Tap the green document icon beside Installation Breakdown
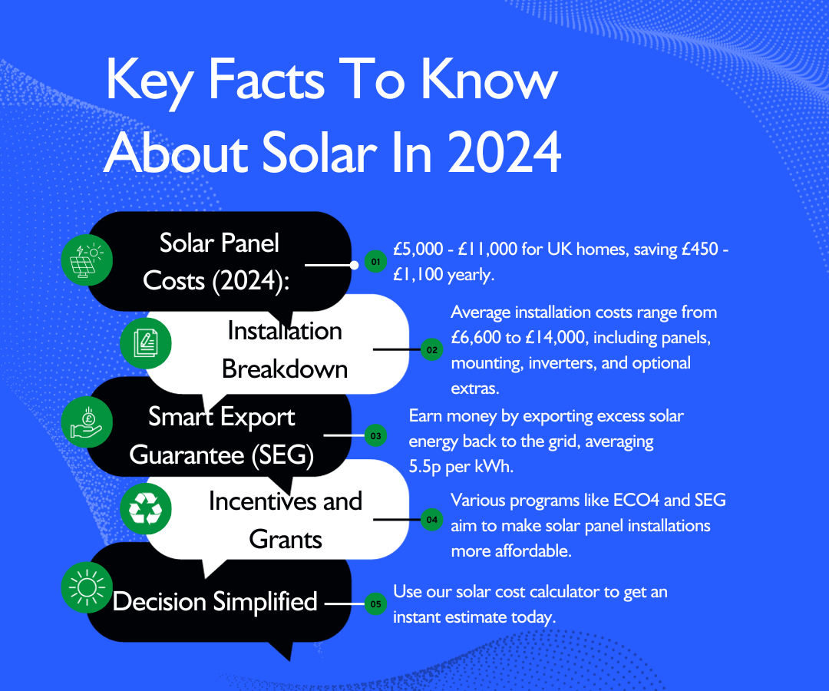(146, 344)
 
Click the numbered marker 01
(375, 263)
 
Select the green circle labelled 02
(431, 350)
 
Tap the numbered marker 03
(375, 436)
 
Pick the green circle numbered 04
(431, 521)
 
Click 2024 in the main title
(504, 152)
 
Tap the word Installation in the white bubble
(285, 331)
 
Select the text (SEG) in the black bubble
(282, 455)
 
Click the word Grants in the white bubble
(286, 539)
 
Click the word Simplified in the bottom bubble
(266, 601)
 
